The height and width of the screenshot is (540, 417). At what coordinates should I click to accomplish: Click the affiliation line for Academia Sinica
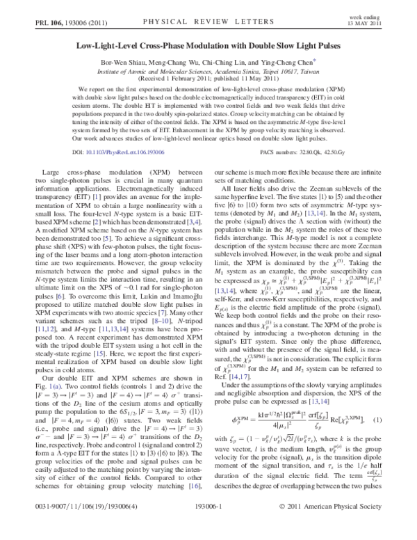point(208,71)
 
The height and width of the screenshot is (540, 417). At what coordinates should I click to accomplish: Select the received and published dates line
point(208,80)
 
